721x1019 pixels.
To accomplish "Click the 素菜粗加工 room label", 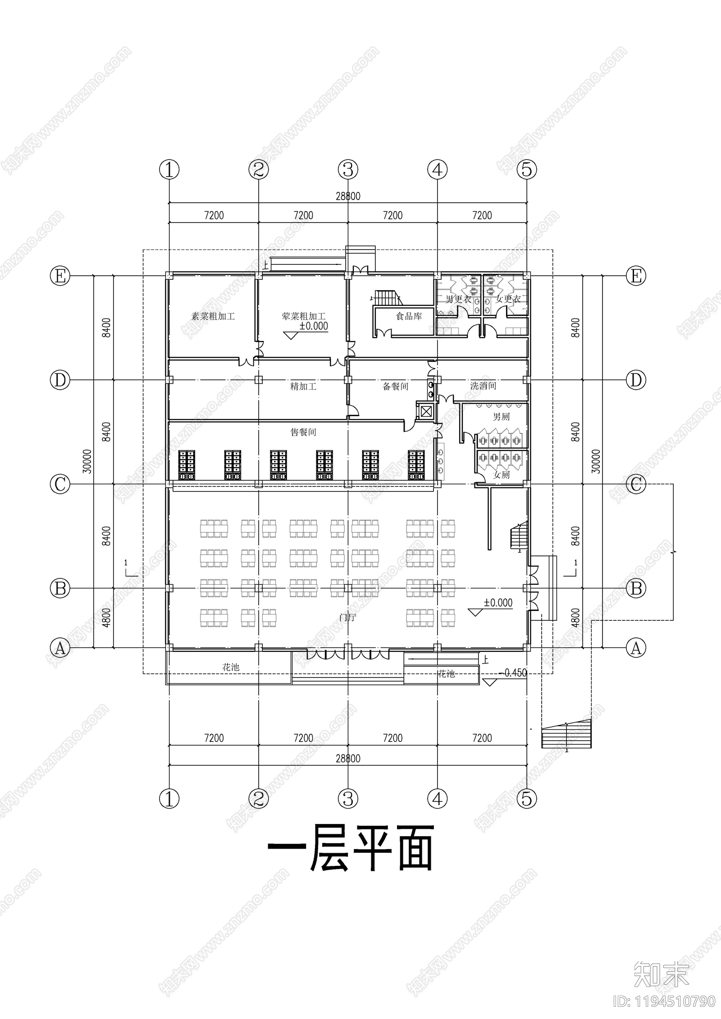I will [213, 316].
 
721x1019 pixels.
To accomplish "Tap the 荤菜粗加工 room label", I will [303, 316].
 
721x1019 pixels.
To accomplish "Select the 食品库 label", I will [409, 316].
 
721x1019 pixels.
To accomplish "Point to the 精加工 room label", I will [303, 386].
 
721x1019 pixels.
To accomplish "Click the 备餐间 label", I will [395, 386].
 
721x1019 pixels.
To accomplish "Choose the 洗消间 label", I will [483, 386].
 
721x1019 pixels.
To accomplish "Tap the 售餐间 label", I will [303, 432].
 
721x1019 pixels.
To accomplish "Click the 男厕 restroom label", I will [501, 417].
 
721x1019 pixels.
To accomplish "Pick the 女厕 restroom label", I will [502, 475].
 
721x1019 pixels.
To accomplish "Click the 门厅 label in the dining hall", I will [348, 618].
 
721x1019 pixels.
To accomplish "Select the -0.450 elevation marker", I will [513, 673].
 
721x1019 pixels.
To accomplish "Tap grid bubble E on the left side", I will [60, 276].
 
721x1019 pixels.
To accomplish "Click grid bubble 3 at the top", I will [348, 170].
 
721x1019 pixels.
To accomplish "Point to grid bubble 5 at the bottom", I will [527, 799].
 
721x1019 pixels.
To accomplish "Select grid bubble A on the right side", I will [636, 648].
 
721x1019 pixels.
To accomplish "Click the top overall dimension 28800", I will [348, 196].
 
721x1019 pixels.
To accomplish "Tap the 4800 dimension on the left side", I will [106, 618].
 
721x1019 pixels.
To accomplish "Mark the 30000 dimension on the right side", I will [596, 461].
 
